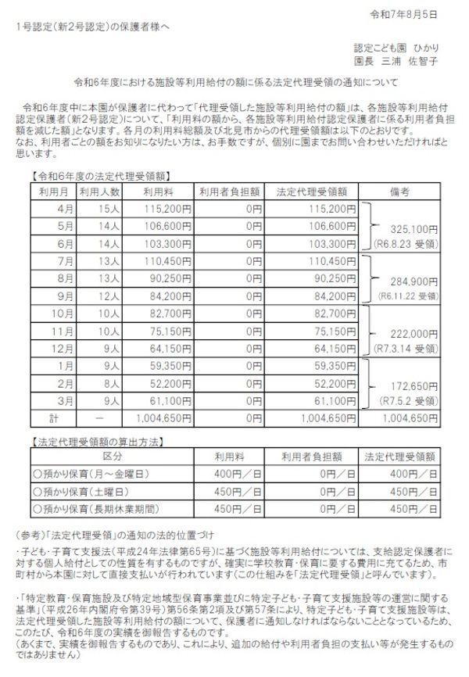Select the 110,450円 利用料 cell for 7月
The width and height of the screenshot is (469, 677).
(x=166, y=259)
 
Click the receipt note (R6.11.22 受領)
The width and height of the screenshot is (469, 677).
(x=406, y=296)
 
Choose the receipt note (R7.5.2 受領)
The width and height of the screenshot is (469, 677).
(x=407, y=400)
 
